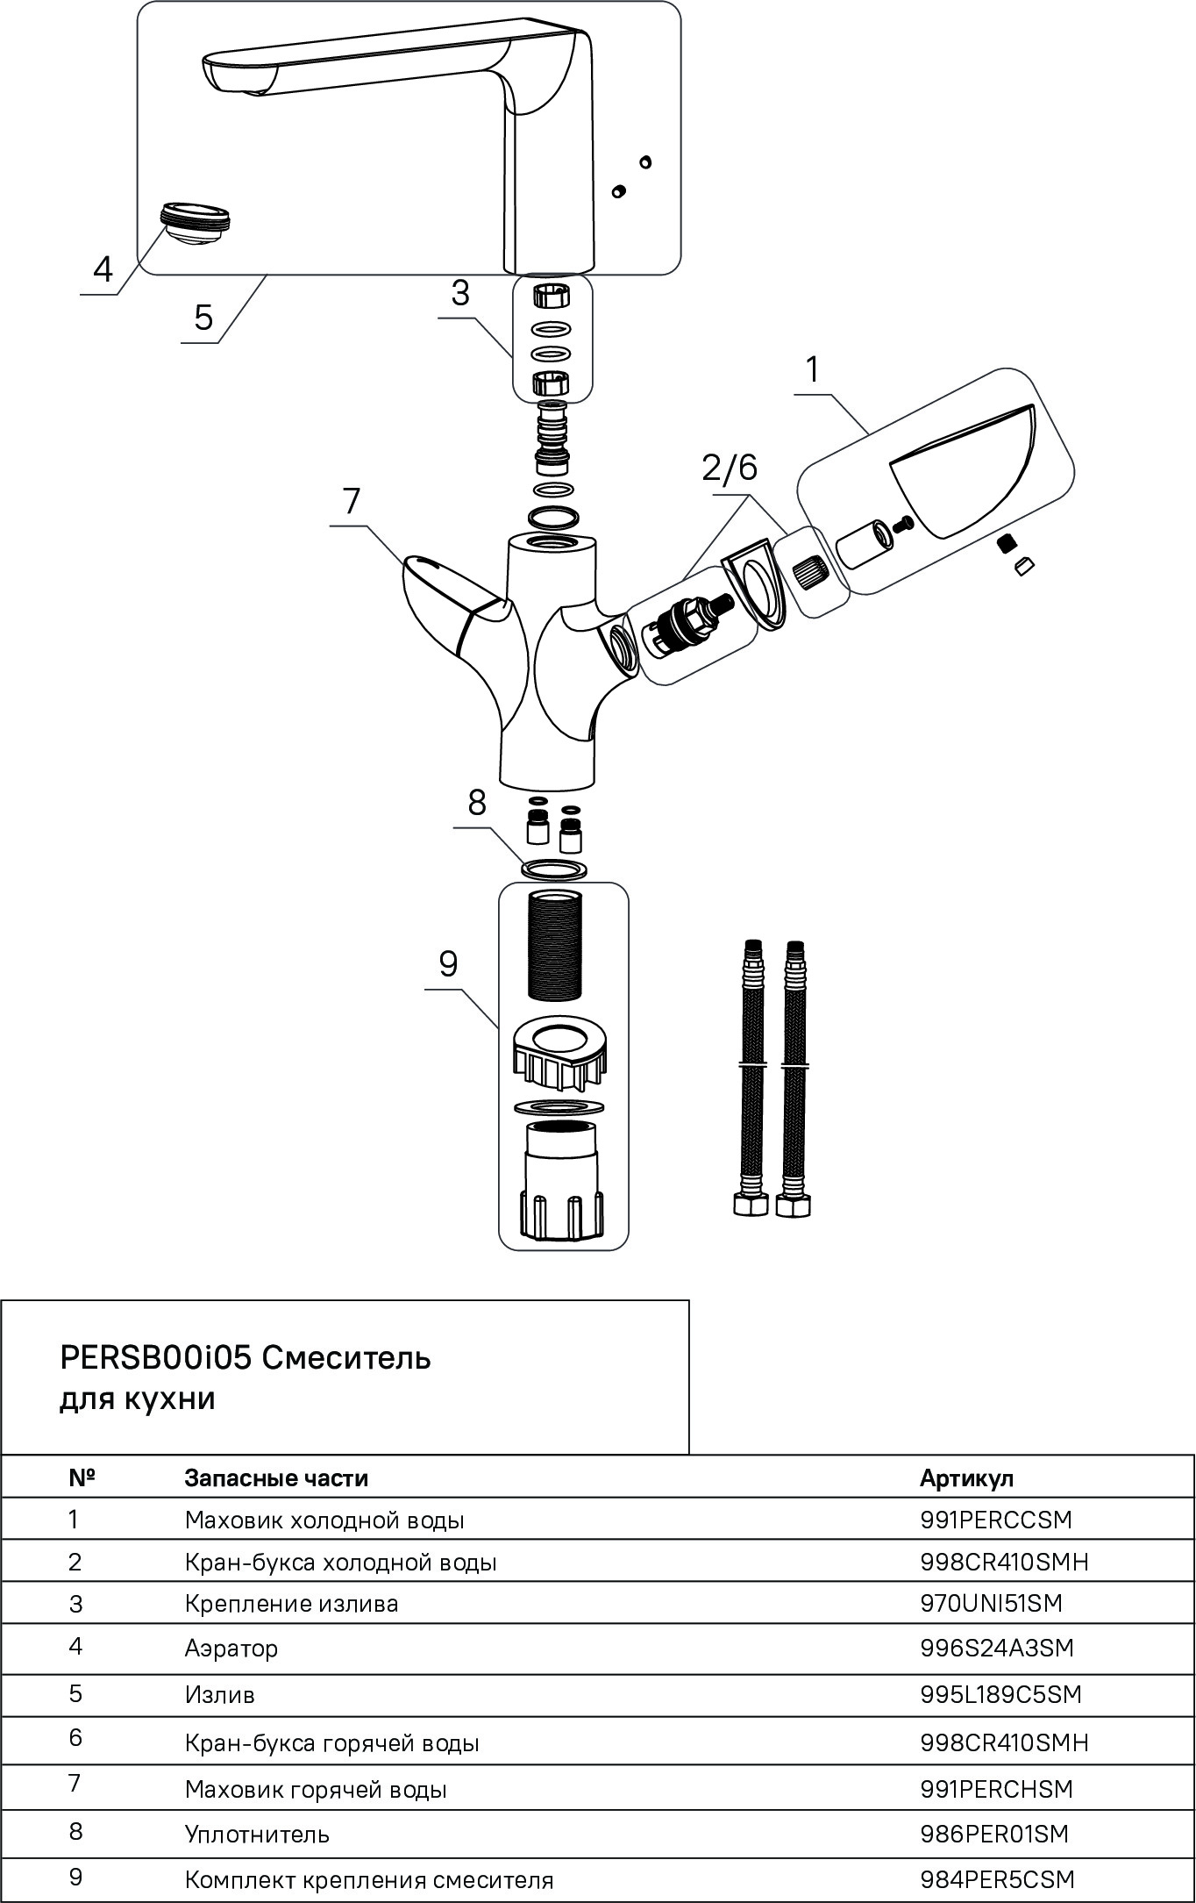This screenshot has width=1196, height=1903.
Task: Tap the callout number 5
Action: click(203, 317)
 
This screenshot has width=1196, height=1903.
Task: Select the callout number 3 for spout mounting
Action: click(460, 292)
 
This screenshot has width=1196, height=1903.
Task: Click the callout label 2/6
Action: click(729, 468)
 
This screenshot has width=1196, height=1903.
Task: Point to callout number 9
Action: click(448, 963)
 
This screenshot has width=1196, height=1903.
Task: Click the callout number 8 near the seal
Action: click(476, 802)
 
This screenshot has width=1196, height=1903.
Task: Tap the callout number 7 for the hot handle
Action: click(351, 501)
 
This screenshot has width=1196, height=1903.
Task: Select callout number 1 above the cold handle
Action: click(813, 369)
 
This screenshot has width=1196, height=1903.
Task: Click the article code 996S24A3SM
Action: click(996, 1648)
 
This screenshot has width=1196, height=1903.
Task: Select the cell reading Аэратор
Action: click(231, 1648)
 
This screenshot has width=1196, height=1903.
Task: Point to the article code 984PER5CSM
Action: click(997, 1879)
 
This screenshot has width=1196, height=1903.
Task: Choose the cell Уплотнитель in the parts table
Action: click(257, 1834)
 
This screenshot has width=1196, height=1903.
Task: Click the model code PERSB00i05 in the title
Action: click(156, 1357)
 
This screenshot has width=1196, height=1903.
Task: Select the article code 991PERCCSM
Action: click(996, 1520)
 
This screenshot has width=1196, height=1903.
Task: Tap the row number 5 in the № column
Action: click(75, 1692)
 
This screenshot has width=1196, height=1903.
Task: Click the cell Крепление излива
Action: click(291, 1603)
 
